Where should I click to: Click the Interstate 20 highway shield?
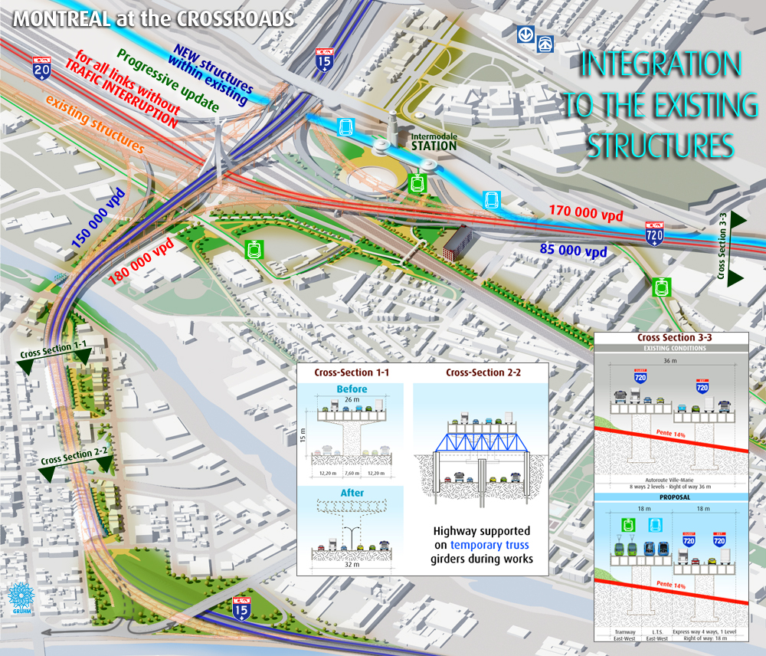42,69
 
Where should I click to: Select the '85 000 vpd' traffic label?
574,251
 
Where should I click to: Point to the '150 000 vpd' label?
96,217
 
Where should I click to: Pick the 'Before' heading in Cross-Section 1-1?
352,389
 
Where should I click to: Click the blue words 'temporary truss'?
490,545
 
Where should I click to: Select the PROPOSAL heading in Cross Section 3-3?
672,497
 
